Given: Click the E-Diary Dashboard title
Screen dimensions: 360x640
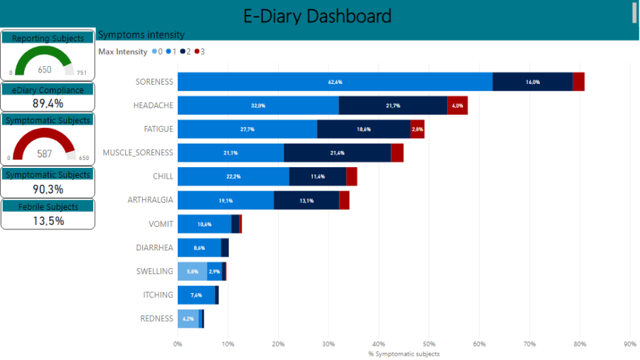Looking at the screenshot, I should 317,16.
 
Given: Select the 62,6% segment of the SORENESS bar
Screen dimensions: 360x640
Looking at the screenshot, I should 335,82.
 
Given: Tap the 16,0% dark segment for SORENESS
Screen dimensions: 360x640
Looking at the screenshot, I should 533,82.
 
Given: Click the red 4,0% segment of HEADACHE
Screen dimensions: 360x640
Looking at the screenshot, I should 457,105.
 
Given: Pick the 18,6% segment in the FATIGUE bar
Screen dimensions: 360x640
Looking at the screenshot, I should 363,129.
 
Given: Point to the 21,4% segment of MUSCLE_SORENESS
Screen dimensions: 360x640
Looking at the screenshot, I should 337,153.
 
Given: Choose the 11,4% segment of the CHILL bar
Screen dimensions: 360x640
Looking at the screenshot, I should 318,176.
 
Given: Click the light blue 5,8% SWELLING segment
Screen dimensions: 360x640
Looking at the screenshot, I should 192,271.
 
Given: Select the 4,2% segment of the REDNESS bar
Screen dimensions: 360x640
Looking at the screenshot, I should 188,319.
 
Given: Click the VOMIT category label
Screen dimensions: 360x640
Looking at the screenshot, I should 161,224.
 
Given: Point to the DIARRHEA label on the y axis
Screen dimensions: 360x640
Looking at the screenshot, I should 154,248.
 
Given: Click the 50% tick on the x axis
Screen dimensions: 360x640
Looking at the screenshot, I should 429,344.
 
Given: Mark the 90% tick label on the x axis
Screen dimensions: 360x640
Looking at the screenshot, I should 630,344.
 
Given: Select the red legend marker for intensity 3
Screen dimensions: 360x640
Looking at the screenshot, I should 196,52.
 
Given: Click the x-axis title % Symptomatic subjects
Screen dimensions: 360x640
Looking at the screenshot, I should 403,354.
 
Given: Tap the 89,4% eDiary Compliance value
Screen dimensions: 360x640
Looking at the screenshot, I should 48,104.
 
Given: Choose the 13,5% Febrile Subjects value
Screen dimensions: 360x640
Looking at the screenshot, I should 48,221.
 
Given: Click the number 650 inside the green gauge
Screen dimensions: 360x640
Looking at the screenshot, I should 45,70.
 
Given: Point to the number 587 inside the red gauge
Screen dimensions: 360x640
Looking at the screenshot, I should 45,154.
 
